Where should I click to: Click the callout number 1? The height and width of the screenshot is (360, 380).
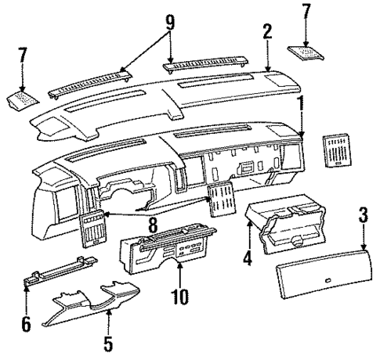301,103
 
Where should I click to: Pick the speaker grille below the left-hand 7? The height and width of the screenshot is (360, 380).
23,101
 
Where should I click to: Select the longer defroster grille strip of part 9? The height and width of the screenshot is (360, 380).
87,82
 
